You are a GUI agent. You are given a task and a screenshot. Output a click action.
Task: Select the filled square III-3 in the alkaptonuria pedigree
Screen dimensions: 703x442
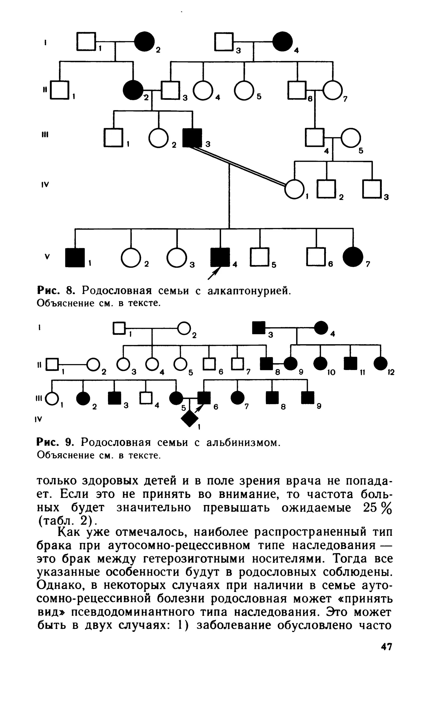(191, 138)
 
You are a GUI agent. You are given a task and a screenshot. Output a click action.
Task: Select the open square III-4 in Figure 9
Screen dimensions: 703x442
(146, 398)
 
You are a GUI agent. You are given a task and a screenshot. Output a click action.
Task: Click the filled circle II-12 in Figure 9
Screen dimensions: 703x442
(380, 363)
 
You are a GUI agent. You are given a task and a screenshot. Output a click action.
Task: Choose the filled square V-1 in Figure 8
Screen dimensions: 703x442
(75, 257)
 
